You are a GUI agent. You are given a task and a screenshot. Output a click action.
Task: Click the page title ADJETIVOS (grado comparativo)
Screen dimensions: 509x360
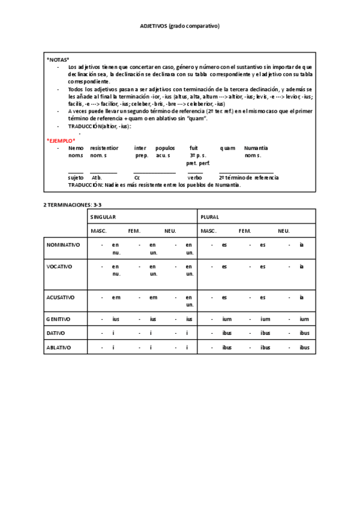pyautogui.click(x=179, y=26)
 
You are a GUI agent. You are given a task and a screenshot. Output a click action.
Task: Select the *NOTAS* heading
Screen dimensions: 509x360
pyautogui.click(x=58, y=60)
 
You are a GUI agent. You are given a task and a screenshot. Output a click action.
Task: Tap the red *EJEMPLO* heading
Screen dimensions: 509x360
pyautogui.click(x=61, y=140)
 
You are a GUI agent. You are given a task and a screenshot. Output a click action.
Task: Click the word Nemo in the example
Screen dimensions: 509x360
pyautogui.click(x=76, y=148)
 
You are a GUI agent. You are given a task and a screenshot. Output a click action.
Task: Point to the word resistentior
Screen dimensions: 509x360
pyautogui.click(x=104, y=148)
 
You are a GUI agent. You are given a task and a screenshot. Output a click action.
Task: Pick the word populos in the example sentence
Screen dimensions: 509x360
pyautogui.click(x=165, y=148)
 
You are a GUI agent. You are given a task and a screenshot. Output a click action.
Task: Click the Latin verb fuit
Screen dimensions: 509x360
pyautogui.click(x=194, y=148)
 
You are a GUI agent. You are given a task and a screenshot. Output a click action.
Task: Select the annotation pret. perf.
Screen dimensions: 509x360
pyautogui.click(x=197, y=163)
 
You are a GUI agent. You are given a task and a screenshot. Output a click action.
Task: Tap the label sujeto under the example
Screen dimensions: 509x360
pyautogui.click(x=76, y=178)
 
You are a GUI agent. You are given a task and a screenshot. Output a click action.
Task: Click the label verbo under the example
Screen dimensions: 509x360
pyautogui.click(x=194, y=178)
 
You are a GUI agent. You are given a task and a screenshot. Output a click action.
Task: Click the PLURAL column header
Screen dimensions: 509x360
pyautogui.click(x=210, y=217)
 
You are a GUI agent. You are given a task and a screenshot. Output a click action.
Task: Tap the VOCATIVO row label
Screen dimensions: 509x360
pyautogui.click(x=59, y=266)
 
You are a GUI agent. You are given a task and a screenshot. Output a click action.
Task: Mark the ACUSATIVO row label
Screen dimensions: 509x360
pyautogui.click(x=61, y=297)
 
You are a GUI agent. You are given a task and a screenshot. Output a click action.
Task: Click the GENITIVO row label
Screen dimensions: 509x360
pyautogui.click(x=58, y=319)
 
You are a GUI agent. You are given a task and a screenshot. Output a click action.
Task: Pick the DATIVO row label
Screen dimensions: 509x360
pyautogui.click(x=56, y=333)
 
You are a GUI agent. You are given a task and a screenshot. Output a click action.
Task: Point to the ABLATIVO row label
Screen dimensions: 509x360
pyautogui.click(x=58, y=347)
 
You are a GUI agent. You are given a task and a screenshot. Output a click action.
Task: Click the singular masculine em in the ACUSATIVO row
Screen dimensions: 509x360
pyautogui.click(x=116, y=297)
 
